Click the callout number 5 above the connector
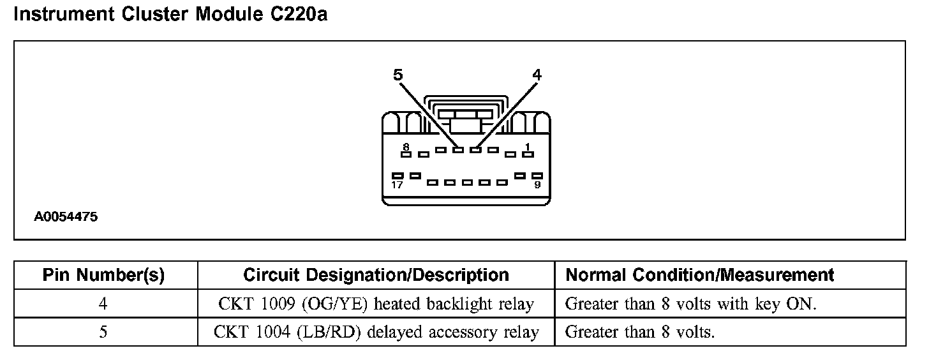398,75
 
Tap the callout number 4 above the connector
537,75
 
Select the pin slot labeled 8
405,153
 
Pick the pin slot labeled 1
528,154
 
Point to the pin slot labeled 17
398,175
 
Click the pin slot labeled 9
537,175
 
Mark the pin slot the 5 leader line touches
457,150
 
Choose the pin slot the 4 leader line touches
475,150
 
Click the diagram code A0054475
66,217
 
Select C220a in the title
294,15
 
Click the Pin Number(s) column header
103,275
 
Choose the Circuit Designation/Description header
376,275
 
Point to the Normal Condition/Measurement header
700,275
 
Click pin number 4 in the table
103,304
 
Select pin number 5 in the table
103,332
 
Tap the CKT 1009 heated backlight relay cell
376,304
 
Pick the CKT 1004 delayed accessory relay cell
376,332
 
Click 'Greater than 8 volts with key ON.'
690,304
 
